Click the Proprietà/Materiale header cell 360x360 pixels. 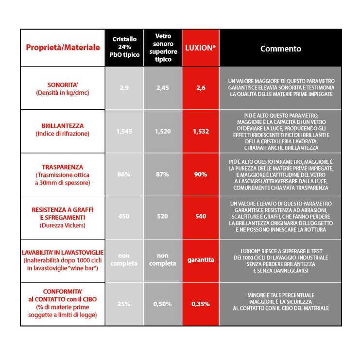tap(63, 48)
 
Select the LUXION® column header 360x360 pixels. tap(201, 49)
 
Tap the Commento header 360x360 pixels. tap(280, 49)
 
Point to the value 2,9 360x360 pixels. tap(124, 88)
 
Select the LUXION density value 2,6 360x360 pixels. tap(201, 88)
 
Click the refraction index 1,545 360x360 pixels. tap(124, 131)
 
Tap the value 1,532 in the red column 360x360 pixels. tap(201, 131)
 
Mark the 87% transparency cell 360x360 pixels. tap(163, 174)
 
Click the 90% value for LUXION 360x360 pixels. tap(201, 174)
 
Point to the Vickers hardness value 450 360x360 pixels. tap(124, 216)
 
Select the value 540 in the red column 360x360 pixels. tap(201, 216)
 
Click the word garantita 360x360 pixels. tap(201, 260)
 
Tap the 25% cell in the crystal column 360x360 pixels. tap(124, 304)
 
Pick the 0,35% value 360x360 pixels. tap(201, 304)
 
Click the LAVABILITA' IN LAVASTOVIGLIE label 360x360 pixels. tap(63, 253)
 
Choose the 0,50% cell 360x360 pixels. tap(163, 304)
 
